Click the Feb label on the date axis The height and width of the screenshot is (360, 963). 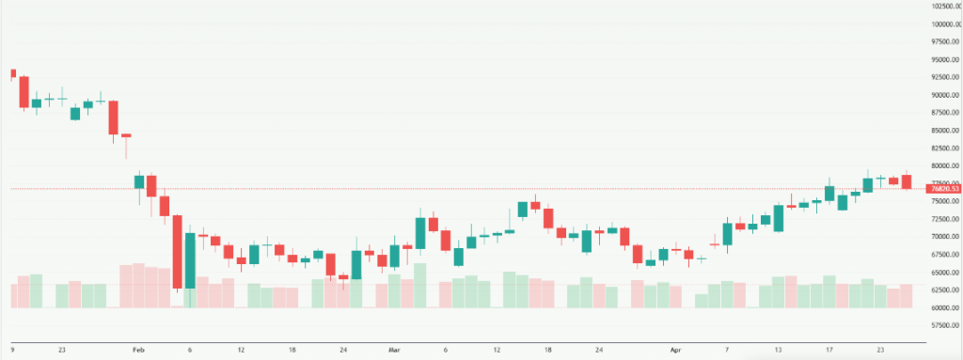click(138, 349)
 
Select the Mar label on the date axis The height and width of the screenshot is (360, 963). click(394, 349)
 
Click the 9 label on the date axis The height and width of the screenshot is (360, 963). click(11, 349)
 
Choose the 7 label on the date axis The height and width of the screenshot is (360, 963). click(727, 349)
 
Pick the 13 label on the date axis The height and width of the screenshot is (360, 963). click(779, 349)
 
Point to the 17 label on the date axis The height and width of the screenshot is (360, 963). click(829, 349)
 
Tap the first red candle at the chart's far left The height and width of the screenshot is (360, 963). click(12, 74)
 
